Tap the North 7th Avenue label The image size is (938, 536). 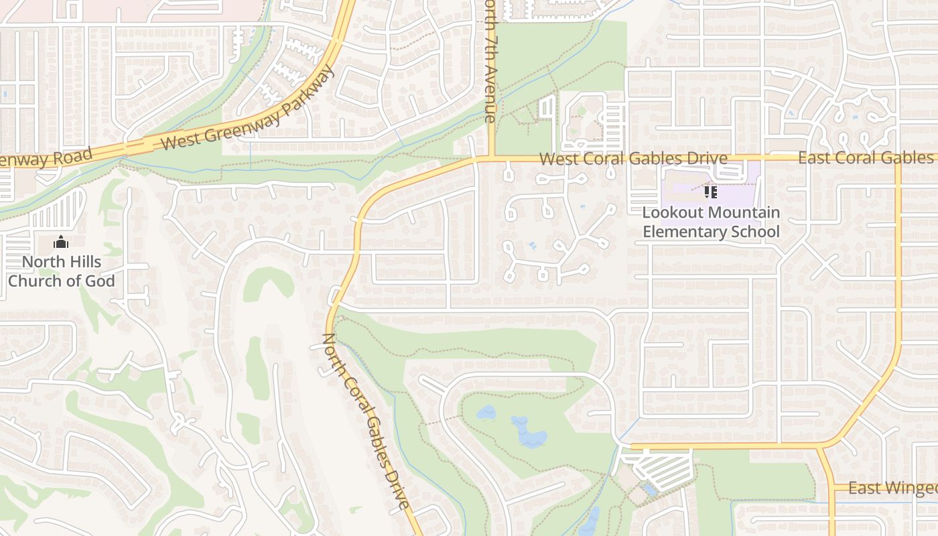[x=490, y=60]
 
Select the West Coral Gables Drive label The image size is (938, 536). [x=633, y=159]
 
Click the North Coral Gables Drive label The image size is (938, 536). [x=366, y=421]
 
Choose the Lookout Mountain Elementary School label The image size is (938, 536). [x=711, y=222]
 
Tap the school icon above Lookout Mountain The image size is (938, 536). [x=711, y=193]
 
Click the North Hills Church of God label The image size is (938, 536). [x=61, y=271]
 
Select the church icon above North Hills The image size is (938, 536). [x=61, y=242]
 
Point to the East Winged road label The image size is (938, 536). [x=891, y=488]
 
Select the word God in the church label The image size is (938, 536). [x=100, y=281]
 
